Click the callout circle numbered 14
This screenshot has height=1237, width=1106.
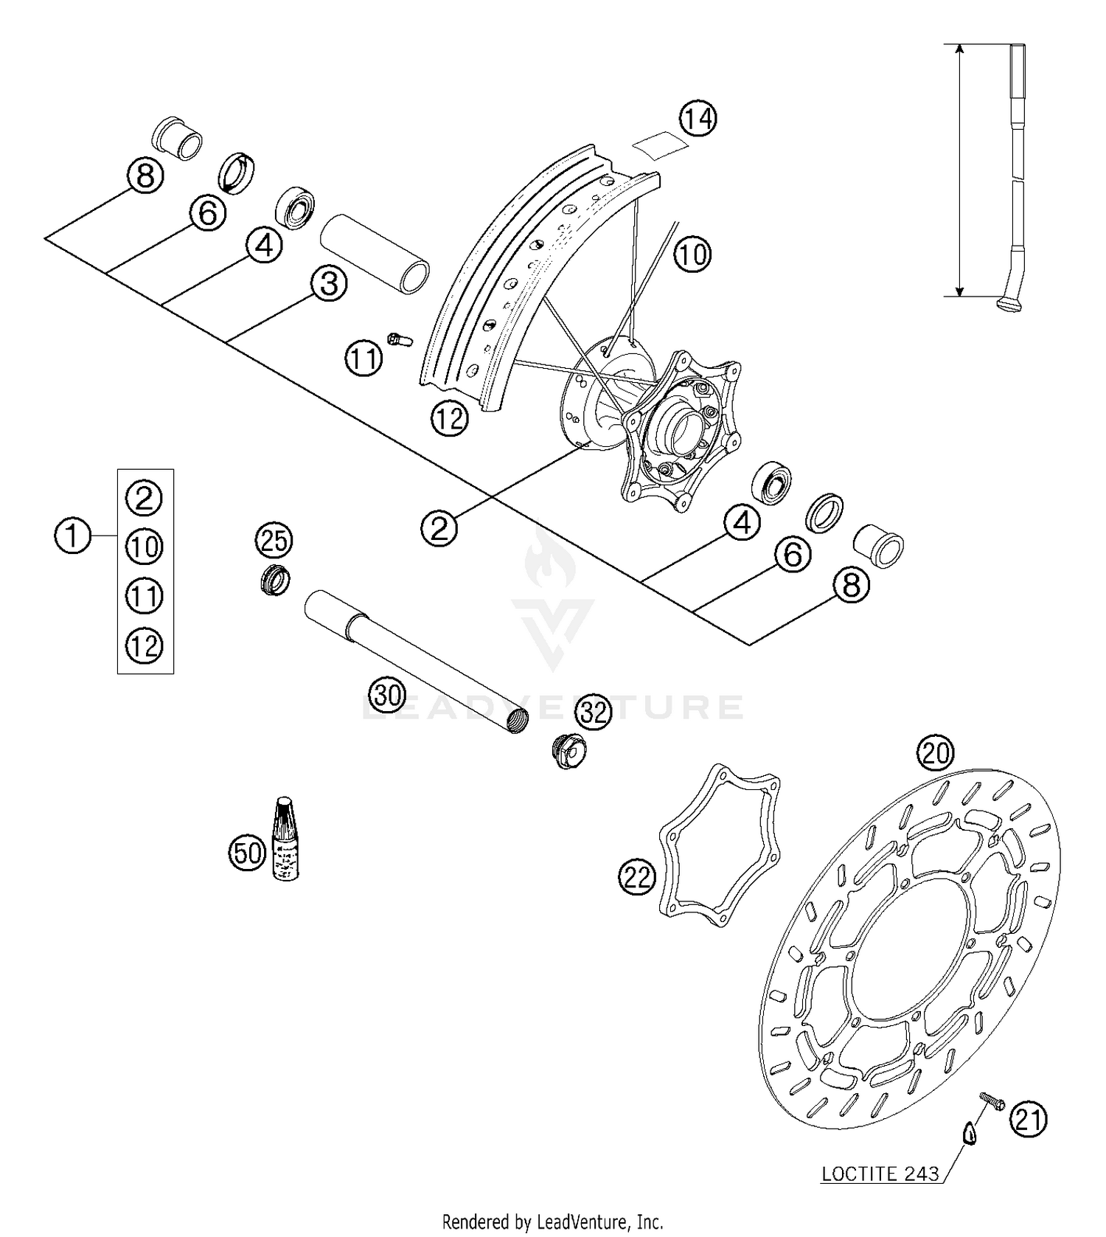(x=698, y=118)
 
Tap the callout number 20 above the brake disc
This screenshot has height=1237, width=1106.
(x=935, y=753)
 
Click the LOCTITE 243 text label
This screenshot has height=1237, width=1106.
(x=880, y=1174)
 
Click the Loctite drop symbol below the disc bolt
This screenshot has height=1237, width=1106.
(x=970, y=1133)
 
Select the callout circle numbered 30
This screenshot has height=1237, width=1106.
(x=388, y=695)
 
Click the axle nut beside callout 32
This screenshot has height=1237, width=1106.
(x=568, y=752)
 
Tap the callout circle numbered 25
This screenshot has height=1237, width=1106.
(x=274, y=541)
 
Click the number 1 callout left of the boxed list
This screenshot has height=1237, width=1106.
(x=73, y=535)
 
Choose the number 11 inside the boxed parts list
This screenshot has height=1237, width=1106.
(x=145, y=596)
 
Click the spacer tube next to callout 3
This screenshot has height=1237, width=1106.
(x=375, y=254)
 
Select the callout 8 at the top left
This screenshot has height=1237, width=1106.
(x=145, y=176)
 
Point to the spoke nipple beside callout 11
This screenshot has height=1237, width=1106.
(x=400, y=340)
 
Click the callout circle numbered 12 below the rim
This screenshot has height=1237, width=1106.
(x=450, y=419)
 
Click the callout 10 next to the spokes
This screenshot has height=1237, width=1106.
(x=692, y=254)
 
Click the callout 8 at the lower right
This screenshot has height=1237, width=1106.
(x=851, y=586)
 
